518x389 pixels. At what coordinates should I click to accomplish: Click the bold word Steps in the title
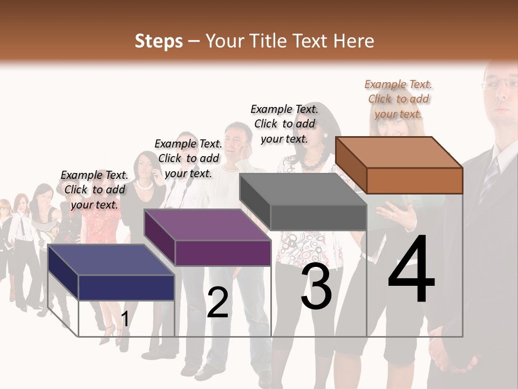coord(159,41)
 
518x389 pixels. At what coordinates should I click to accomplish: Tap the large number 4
coord(411,270)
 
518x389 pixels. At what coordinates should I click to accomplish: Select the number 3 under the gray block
coord(316,286)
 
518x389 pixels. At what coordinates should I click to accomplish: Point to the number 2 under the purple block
coord(217,303)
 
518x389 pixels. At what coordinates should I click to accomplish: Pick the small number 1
coord(125,319)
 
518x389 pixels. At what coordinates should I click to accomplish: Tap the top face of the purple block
coord(207,225)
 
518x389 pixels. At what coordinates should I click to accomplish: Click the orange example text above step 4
coord(398,99)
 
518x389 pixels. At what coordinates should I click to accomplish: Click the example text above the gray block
coord(284,124)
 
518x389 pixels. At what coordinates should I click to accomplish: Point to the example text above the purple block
coord(188,158)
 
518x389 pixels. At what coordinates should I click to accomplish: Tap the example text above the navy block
coord(94,190)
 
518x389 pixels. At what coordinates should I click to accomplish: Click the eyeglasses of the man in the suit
coord(500,83)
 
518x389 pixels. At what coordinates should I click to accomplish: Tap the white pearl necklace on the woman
coord(144,185)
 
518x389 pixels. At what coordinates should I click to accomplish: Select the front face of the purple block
coord(223,253)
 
